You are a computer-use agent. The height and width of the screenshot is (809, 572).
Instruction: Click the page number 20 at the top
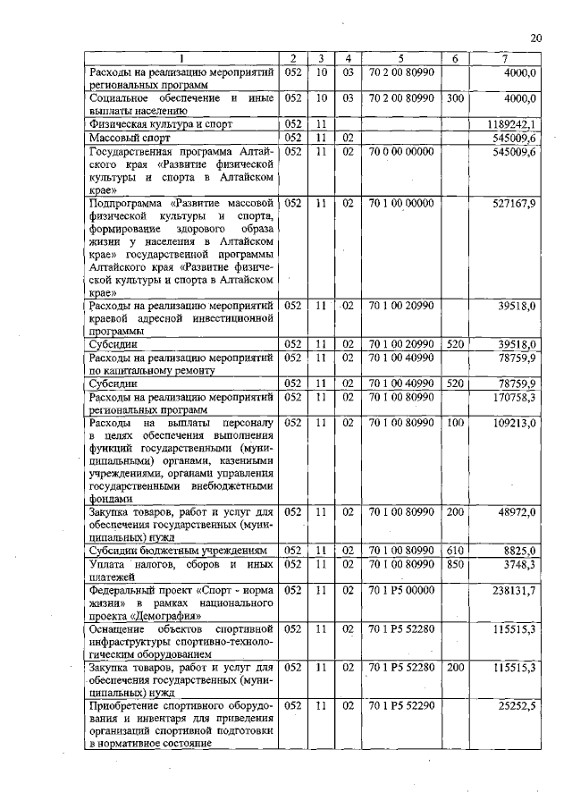pos(536,38)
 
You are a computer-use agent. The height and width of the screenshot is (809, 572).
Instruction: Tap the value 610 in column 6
pos(455,552)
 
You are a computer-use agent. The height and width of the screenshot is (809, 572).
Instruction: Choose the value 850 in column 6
pos(455,565)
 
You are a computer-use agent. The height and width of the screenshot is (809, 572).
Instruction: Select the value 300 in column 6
pos(455,96)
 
